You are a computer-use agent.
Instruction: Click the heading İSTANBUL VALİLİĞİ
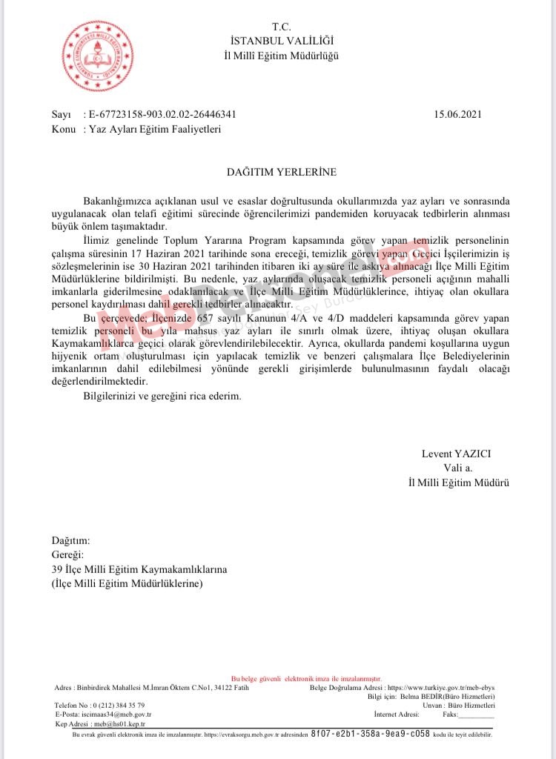pos(281,41)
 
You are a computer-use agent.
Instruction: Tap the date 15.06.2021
pos(458,114)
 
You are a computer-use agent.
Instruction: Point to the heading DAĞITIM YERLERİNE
pos(281,172)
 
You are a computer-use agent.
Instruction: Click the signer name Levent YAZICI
pos(456,454)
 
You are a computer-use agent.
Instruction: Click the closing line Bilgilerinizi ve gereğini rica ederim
pos(162,397)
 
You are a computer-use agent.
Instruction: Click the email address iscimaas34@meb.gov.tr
pos(119,714)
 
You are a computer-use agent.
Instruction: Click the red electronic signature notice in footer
pos(306,678)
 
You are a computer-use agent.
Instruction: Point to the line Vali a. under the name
pos(457,468)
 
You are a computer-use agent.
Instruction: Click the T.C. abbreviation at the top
pos(281,27)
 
